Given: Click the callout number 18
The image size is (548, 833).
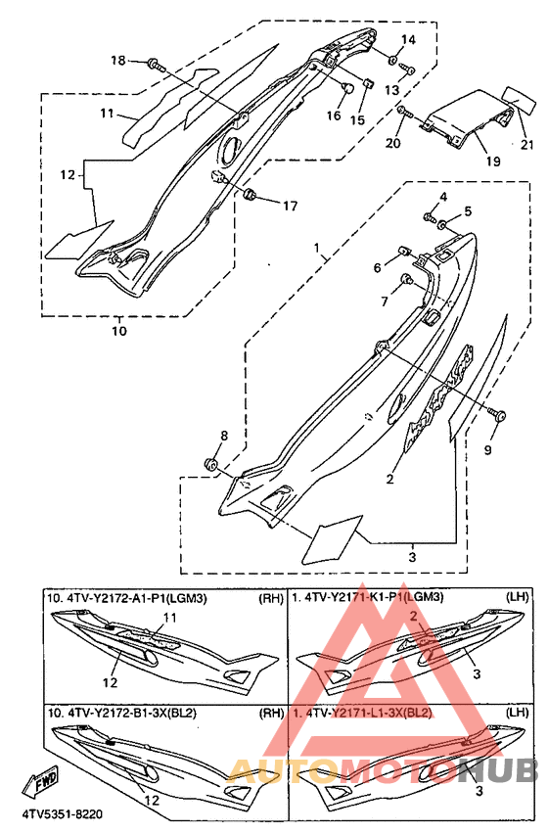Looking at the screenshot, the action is point(117,61).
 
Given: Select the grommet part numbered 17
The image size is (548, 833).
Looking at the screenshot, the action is point(250,195).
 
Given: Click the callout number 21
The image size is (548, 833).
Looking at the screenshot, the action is point(526,144).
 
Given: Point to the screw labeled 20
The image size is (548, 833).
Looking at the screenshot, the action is point(404,112).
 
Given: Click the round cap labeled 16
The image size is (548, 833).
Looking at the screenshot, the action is point(347,87).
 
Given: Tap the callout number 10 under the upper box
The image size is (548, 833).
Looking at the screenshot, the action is point(119,331).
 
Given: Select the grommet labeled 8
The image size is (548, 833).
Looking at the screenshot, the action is point(210,464).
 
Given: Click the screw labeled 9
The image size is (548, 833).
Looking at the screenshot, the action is point(497,416).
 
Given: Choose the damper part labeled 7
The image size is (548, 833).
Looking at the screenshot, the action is point(408,278).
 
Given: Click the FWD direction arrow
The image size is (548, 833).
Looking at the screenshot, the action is point(41,780).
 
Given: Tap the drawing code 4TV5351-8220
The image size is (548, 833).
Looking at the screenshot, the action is point(63,813).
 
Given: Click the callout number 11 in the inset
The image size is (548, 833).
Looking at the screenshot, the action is point(170,618).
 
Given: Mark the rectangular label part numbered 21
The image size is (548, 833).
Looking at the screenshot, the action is point(518,98).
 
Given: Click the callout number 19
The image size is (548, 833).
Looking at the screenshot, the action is point(493,160).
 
